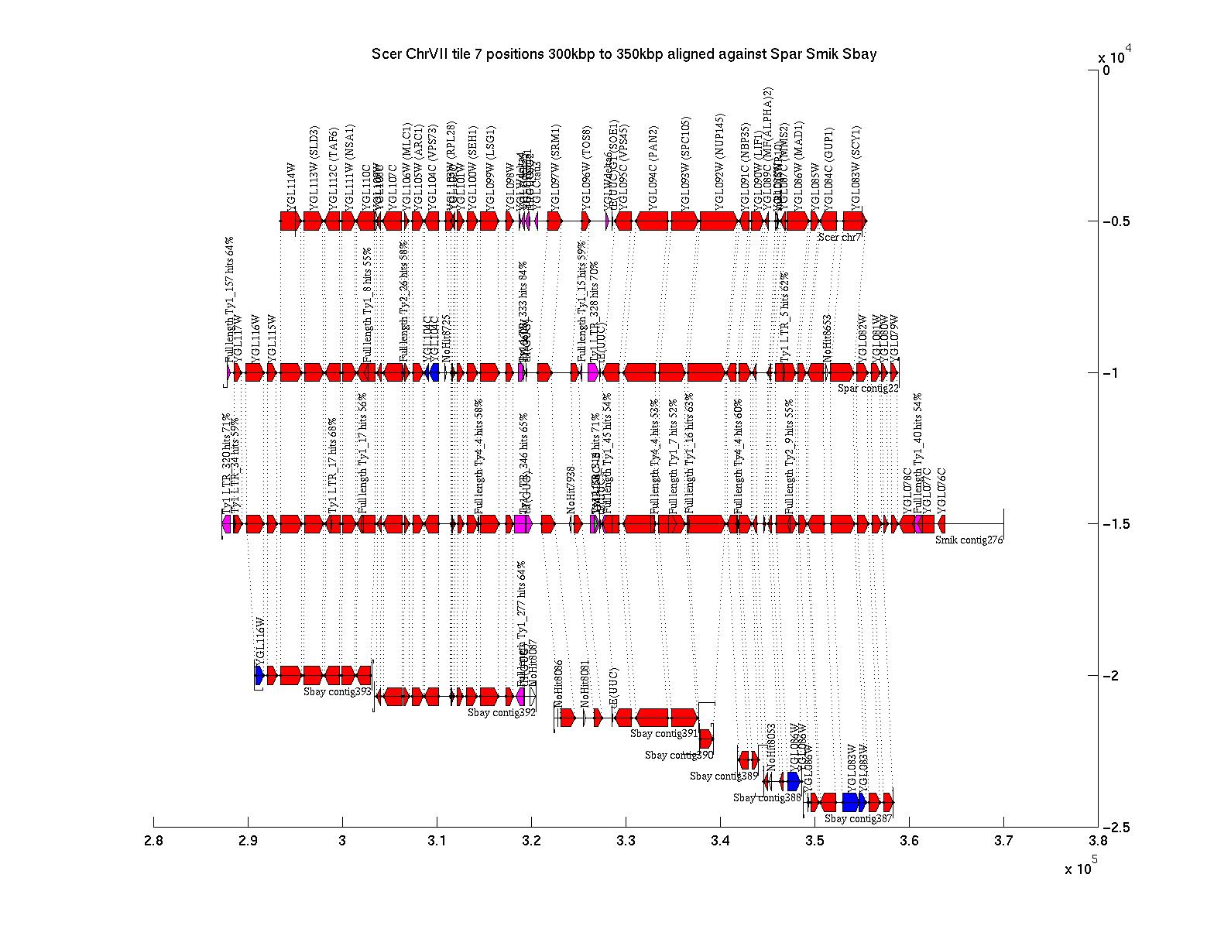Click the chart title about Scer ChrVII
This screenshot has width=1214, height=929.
click(624, 54)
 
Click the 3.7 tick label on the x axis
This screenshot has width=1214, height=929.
click(1003, 841)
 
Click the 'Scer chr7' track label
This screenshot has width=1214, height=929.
click(839, 237)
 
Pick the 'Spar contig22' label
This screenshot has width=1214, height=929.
click(868, 388)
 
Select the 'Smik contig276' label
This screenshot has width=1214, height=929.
click(969, 540)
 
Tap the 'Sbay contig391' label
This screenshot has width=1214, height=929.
click(664, 733)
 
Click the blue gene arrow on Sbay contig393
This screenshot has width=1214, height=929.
click(259, 675)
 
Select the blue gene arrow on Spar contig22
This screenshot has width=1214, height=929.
click(432, 372)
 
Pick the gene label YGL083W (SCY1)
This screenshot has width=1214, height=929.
click(856, 167)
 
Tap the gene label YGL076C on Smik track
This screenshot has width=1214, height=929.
click(941, 490)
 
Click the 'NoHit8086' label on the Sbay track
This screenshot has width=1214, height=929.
click(558, 684)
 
